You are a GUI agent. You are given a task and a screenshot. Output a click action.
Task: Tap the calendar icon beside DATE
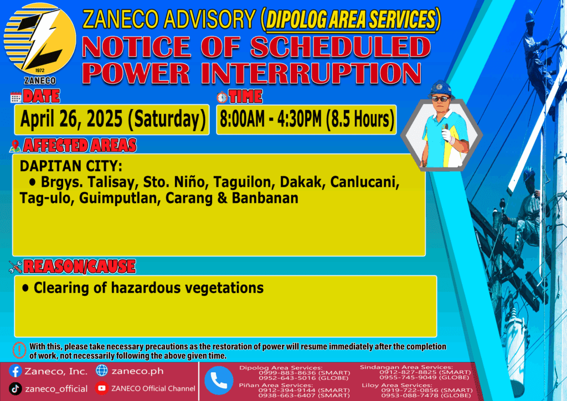[x=16, y=97]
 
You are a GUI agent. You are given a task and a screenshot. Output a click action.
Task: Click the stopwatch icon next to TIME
[x=222, y=97]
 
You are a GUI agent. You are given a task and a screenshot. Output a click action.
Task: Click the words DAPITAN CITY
[x=71, y=166]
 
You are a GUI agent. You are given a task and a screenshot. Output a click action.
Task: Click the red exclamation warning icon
[x=19, y=350]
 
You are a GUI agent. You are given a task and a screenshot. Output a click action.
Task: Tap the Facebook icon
[x=15, y=371]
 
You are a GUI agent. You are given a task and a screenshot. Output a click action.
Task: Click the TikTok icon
[x=15, y=389]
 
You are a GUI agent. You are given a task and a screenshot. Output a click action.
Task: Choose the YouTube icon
[x=102, y=388]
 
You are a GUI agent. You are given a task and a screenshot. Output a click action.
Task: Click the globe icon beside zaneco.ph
[x=102, y=371]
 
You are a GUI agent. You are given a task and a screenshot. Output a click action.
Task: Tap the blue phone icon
[x=219, y=381]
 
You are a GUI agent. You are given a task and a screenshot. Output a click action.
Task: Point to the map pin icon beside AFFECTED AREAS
[x=15, y=146]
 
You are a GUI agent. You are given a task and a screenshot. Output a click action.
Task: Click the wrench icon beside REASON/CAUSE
[x=16, y=267]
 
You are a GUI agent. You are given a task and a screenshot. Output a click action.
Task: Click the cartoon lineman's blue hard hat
[x=440, y=89]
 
